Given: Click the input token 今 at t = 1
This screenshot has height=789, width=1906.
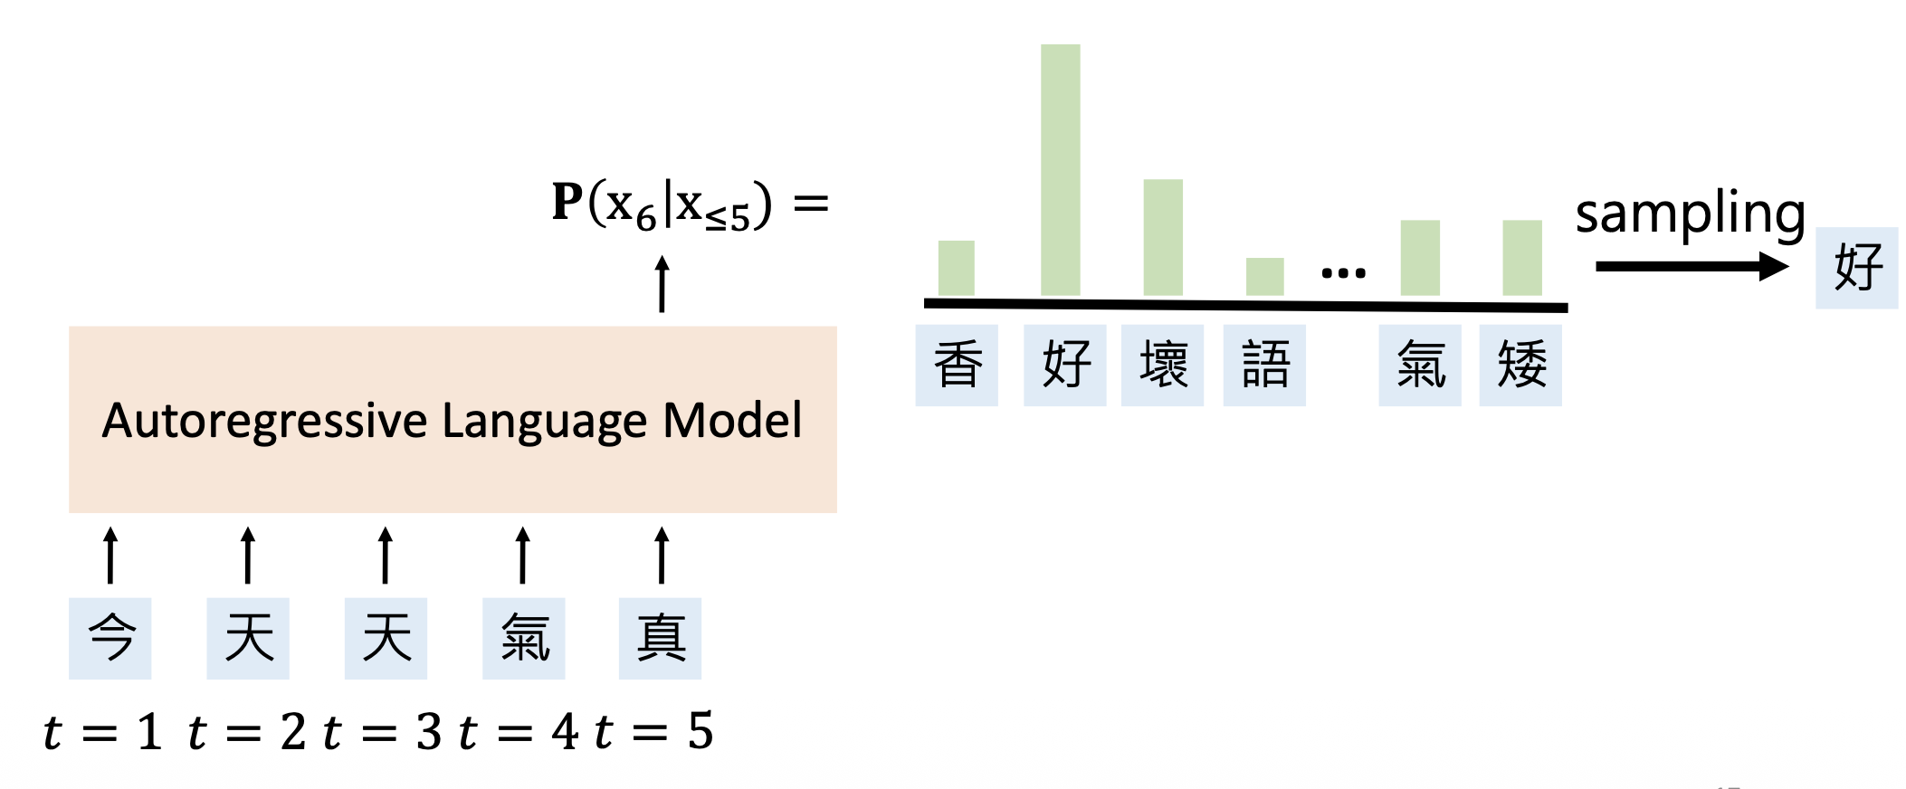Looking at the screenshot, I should point(110,638).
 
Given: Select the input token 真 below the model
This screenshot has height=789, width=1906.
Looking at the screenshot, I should point(660,638).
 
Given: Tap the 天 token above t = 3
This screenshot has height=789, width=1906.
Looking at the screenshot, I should point(386,638).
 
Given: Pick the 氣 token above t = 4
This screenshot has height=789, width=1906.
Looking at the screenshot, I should point(523,638).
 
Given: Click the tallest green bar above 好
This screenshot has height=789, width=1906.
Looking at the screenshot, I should point(1060,170).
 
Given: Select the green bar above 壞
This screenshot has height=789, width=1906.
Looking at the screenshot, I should point(1162,237).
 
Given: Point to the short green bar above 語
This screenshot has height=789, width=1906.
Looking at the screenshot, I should point(1264,276).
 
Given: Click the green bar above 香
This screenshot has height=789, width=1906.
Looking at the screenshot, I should point(956,268).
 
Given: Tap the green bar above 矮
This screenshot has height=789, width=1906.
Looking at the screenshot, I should point(1521,257).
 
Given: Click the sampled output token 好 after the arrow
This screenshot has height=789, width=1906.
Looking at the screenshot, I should point(1856,268).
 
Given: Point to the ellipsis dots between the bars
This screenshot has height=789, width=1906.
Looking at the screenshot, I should point(1343,272).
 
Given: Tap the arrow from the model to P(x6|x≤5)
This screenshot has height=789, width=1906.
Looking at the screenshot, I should point(662,284).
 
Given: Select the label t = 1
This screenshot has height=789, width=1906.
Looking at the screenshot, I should point(103,731).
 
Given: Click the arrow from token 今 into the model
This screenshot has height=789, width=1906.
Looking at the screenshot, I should point(110,556).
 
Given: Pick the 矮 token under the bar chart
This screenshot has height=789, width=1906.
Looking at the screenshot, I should point(1520,366).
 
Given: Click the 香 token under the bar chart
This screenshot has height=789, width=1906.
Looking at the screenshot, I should point(957,366).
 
